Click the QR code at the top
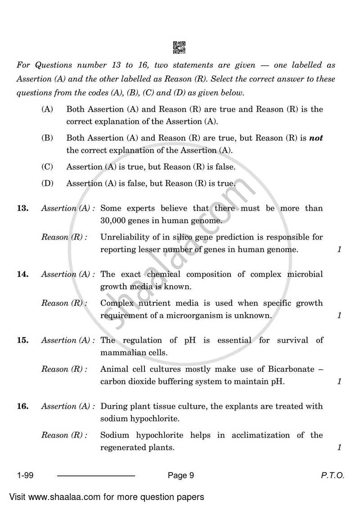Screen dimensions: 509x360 179,48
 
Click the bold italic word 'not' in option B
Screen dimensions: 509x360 316,138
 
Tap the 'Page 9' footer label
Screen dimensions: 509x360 180,475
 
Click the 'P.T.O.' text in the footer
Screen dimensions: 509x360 333,475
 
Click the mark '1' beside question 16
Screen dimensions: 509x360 339,447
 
